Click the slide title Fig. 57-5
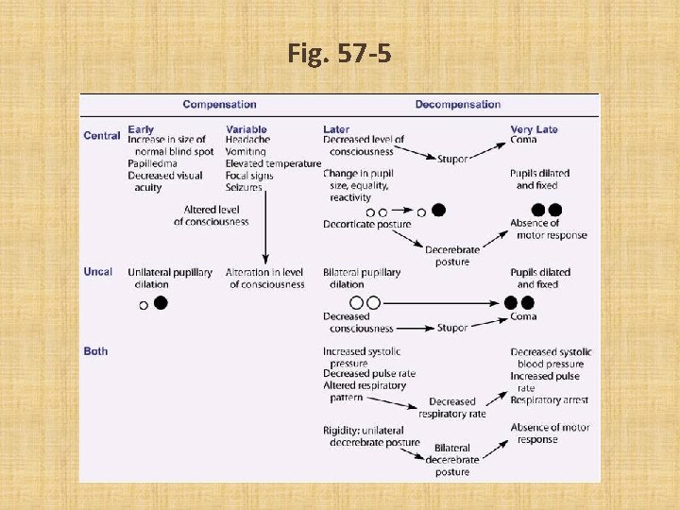point(339,55)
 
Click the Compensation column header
point(219,105)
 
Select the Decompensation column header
point(458,105)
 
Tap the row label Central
point(102,136)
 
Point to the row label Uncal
point(98,272)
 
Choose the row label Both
point(95,351)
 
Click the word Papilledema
point(152,163)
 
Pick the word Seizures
point(245,187)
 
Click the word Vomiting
point(246,151)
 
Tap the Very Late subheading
point(535,128)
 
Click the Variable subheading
point(246,128)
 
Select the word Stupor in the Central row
point(452,160)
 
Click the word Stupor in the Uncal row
point(452,329)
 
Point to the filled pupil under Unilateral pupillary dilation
point(161,303)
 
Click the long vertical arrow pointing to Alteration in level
point(265,227)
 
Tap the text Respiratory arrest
point(549,400)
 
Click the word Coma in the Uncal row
point(523,317)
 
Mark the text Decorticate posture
point(366,224)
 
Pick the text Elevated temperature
point(274,163)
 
